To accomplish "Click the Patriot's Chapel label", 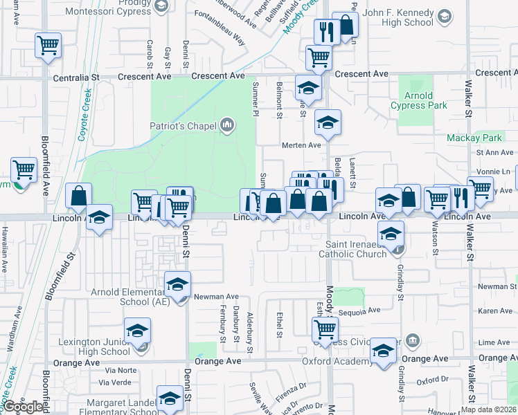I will [184, 126].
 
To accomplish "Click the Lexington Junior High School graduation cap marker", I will [137, 330].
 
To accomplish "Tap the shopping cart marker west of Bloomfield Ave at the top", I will [48, 46].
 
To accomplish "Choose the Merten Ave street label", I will [301, 145].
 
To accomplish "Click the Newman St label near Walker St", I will [494, 286].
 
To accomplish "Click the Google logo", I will [24, 406].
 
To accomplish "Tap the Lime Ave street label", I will [494, 342].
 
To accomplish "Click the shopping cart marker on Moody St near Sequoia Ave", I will [325, 330].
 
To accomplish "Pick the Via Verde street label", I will [116, 382].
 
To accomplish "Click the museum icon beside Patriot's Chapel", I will [226, 125].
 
